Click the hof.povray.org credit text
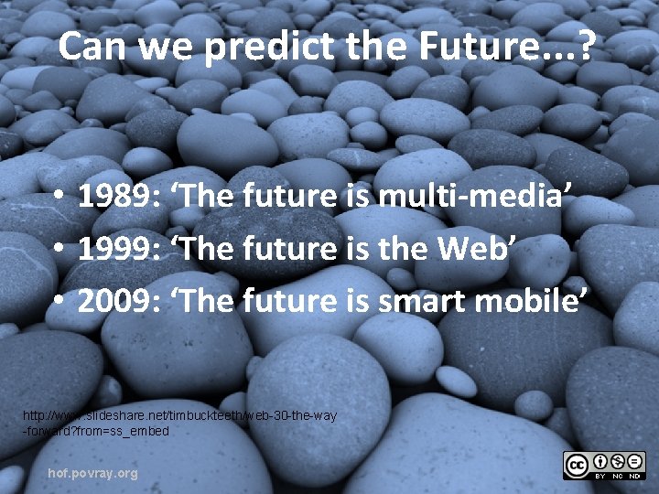(x=92, y=473)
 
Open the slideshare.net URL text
(x=179, y=423)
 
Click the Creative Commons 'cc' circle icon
(x=578, y=464)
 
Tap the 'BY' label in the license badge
(x=600, y=476)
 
